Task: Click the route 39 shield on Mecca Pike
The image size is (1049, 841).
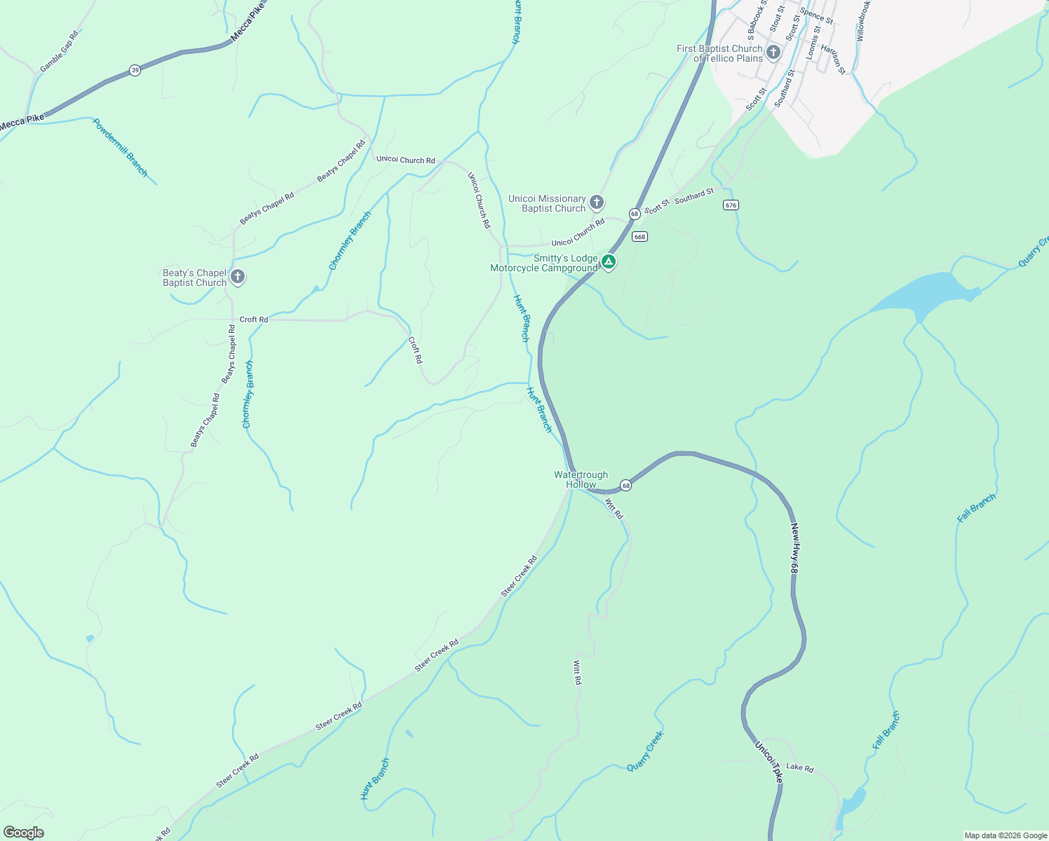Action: click(135, 70)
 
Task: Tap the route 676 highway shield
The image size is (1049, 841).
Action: click(731, 205)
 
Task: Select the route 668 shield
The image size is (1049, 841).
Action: click(639, 237)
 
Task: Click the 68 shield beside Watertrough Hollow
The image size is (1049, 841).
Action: click(625, 485)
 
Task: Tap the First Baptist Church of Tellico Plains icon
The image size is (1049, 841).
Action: click(773, 52)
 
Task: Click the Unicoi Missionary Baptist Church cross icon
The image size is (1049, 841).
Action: click(597, 203)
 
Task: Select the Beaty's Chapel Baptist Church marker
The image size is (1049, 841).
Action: click(238, 277)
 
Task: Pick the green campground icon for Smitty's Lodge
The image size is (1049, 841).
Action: click(609, 263)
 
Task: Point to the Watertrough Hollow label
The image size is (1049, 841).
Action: click(581, 479)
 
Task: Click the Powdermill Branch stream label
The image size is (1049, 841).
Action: click(120, 147)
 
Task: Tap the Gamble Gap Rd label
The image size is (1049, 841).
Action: click(59, 51)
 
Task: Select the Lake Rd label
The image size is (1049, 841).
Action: click(799, 767)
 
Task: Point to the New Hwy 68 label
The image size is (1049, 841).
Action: click(794, 549)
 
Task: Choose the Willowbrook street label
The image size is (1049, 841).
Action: click(862, 20)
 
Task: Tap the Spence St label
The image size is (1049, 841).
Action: click(816, 15)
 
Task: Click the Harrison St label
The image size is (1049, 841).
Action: click(833, 60)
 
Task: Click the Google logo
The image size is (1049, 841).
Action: click(23, 833)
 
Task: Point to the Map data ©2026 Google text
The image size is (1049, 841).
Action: click(1005, 835)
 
